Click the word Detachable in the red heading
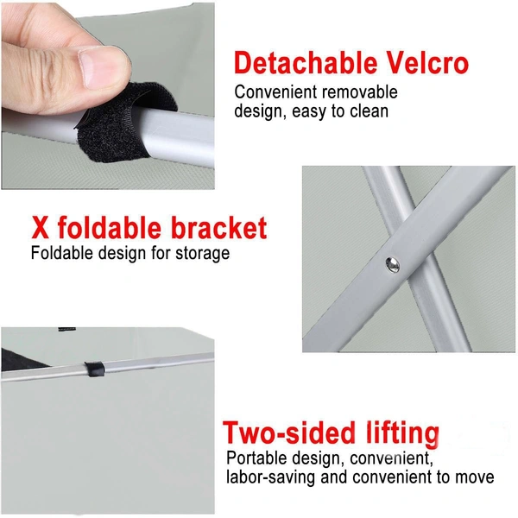coord(306,63)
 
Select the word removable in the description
coord(360,92)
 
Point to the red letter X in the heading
coord(41,227)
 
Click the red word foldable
coord(110,227)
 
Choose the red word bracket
coord(219,227)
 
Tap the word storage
coord(202,254)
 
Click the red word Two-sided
coord(288,433)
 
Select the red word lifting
coord(402,433)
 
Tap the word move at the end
coord(475,477)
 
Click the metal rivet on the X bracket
coord(392,265)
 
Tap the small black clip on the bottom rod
coord(94,370)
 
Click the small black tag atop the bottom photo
coord(67,329)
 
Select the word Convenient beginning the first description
coord(276,92)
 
